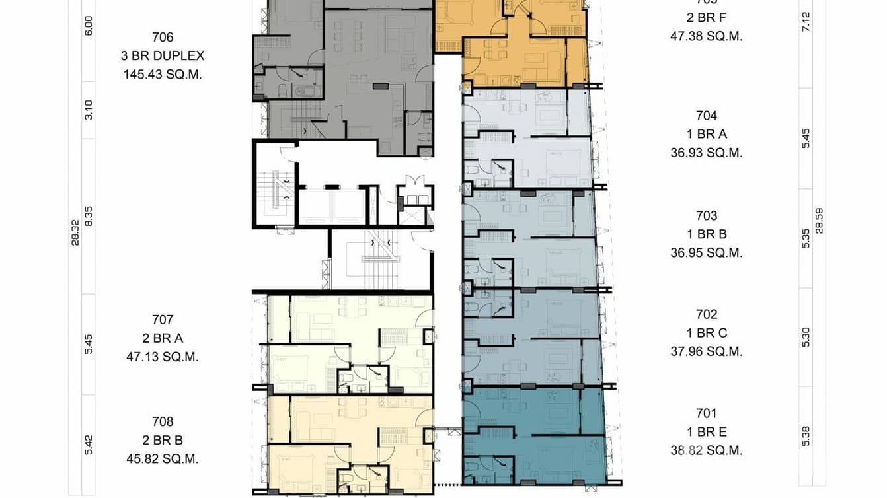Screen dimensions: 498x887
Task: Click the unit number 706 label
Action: [x=163, y=38]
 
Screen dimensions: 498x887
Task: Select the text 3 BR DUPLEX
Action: [x=163, y=56]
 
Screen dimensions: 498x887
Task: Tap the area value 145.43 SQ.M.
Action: [x=163, y=75]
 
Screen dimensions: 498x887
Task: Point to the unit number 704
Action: [x=706, y=116]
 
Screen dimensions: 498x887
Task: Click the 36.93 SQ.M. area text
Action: [x=706, y=153]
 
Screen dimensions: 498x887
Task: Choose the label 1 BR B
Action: [x=706, y=234]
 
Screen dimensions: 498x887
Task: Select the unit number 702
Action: [x=706, y=314]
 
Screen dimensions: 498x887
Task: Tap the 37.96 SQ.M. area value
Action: [x=706, y=351]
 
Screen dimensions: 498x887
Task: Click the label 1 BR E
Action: [x=706, y=432]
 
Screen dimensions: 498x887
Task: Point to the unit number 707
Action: [x=163, y=320]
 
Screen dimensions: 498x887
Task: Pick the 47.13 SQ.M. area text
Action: [x=163, y=357]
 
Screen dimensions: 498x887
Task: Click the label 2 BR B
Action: [x=163, y=440]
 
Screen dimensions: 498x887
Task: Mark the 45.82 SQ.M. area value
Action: [x=163, y=458]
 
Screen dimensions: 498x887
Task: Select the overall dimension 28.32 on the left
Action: [x=75, y=233]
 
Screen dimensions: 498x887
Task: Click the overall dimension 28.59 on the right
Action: [x=820, y=221]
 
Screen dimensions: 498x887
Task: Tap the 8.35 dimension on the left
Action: [x=89, y=216]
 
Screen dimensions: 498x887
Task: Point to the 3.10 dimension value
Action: [x=89, y=110]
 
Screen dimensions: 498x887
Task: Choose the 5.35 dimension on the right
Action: [x=806, y=238]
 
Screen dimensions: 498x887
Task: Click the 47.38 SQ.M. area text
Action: [x=706, y=36]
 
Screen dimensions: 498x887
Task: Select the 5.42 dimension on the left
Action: [x=89, y=445]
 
